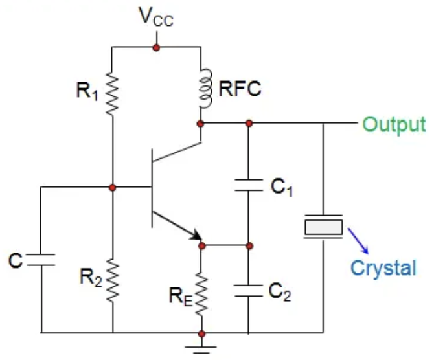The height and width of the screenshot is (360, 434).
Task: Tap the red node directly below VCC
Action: pyautogui.click(x=155, y=47)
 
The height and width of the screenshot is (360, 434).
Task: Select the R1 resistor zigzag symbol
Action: pyautogui.click(x=112, y=93)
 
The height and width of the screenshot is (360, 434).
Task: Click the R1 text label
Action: pyautogui.click(x=88, y=91)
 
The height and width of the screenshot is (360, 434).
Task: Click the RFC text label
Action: pyautogui.click(x=240, y=89)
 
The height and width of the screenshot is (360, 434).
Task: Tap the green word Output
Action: pyautogui.click(x=393, y=124)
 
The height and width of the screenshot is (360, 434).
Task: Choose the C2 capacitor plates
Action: pyautogui.click(x=249, y=289)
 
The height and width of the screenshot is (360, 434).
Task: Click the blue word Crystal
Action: pyautogui.click(x=383, y=267)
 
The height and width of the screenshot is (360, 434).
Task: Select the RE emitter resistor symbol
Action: pyautogui.click(x=201, y=291)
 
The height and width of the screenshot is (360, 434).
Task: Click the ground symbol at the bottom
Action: pyautogui.click(x=201, y=348)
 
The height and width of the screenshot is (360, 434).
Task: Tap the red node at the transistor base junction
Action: pyautogui.click(x=112, y=188)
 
